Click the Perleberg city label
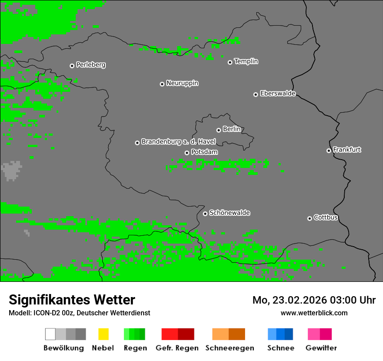[x=91, y=65]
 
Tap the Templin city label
[x=246, y=61]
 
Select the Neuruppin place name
[x=182, y=83]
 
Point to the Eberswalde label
[x=278, y=94]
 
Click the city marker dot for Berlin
[x=218, y=130]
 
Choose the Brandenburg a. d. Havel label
[x=178, y=142]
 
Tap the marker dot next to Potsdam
[x=187, y=153]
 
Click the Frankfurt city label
[x=347, y=150]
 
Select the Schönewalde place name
[x=229, y=213]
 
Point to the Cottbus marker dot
[x=309, y=218]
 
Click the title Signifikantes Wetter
[x=72, y=300]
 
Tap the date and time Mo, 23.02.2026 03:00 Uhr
[x=314, y=300]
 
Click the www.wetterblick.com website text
[x=314, y=313]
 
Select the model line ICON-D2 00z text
[x=79, y=313]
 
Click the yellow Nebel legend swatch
[x=103, y=334]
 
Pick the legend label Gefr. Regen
[x=177, y=348]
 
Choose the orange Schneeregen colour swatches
[x=228, y=334]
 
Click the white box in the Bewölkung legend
[x=50, y=334]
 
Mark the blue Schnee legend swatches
[x=280, y=334]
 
